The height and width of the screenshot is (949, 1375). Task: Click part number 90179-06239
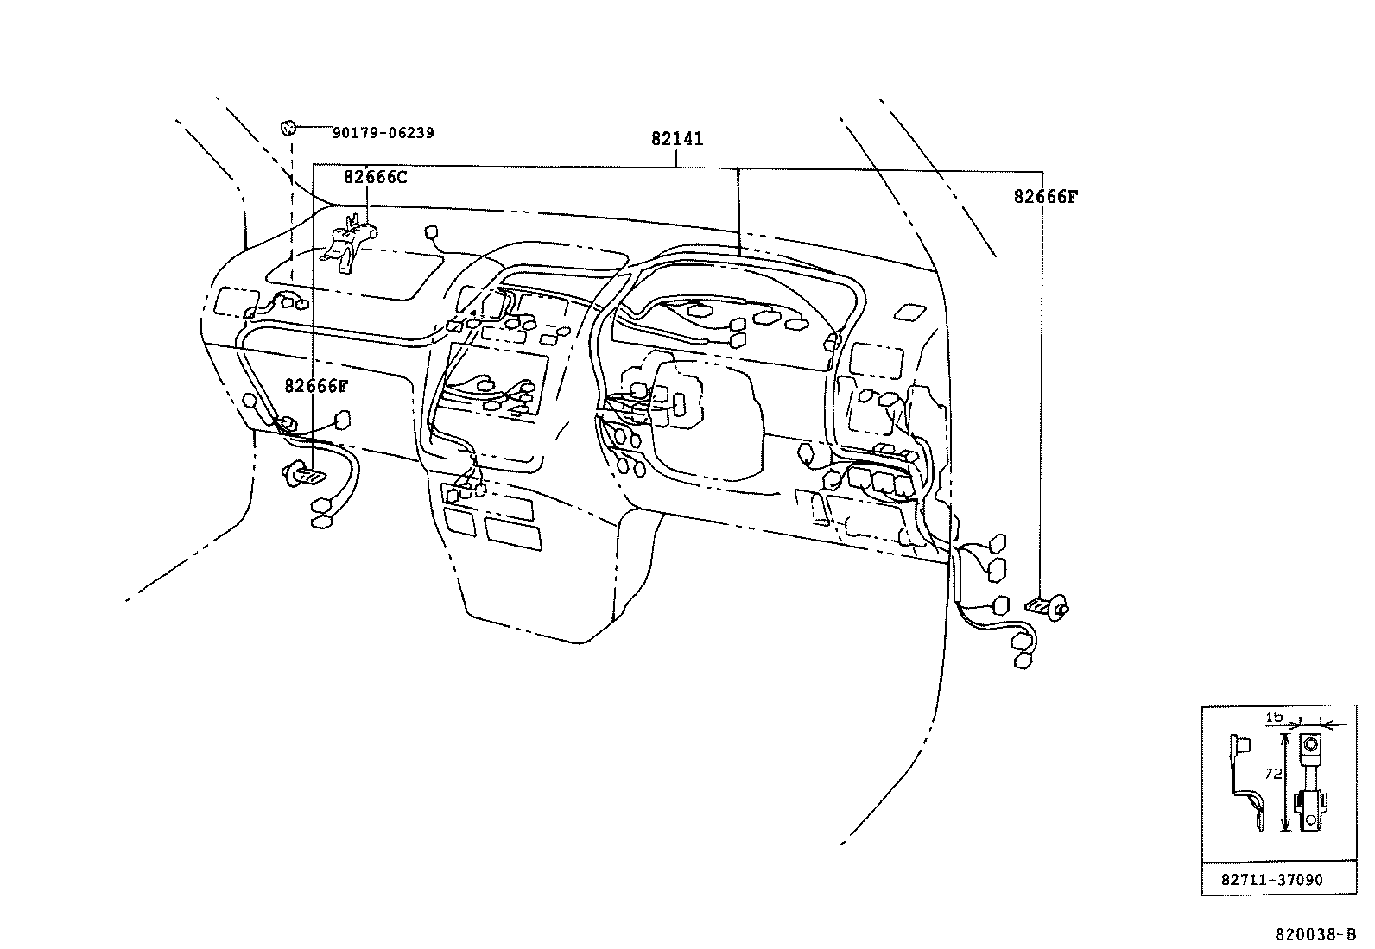click(383, 133)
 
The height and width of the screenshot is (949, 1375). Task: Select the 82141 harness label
click(677, 138)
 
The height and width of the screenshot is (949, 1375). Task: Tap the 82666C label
click(375, 178)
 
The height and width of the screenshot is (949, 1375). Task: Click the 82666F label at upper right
click(1045, 197)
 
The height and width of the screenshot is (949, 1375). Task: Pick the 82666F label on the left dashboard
click(316, 386)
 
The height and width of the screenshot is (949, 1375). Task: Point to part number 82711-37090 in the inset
click(1271, 880)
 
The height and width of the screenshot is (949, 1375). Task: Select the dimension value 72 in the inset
click(1272, 775)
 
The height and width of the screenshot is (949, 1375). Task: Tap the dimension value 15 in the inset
click(1274, 717)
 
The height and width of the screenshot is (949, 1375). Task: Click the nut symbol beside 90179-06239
click(288, 129)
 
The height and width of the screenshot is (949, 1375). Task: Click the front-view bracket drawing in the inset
click(1311, 781)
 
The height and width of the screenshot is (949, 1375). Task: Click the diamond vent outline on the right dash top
click(909, 312)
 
